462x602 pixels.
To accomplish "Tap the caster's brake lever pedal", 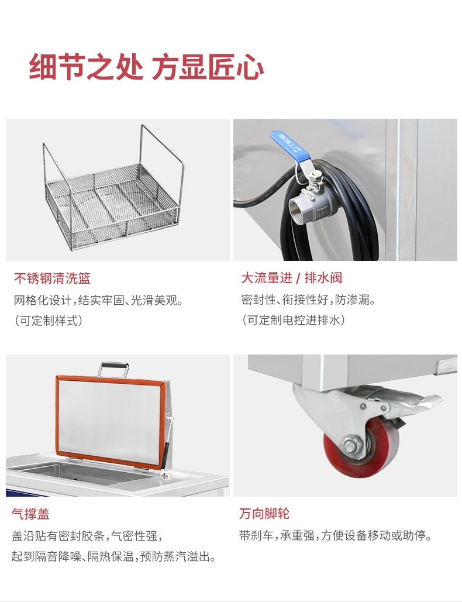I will [418, 404].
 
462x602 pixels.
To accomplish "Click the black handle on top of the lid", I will [114, 369].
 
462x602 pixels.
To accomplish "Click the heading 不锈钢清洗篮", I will [52, 278].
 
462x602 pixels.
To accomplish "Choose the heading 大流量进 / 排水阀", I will [291, 278].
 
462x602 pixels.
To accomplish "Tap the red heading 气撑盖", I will [30, 514].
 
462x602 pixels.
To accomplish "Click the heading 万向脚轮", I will [264, 514].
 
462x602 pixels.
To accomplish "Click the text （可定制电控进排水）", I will [293, 321].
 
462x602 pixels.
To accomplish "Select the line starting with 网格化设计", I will [99, 301].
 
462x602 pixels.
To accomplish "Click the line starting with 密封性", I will [308, 301].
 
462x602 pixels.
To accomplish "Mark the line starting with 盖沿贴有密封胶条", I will [87, 535].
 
